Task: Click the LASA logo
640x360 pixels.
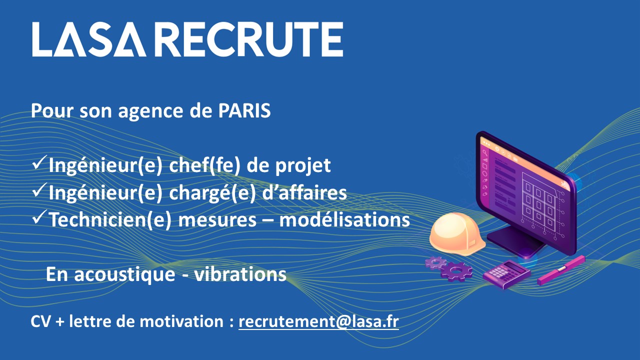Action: point(89,39)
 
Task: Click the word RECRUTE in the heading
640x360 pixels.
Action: point(250,39)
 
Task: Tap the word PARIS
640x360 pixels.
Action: point(244,110)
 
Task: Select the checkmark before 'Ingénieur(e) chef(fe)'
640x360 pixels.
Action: point(39,162)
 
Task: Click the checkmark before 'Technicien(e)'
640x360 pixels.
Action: point(39,217)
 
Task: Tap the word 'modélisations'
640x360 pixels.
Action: point(344,219)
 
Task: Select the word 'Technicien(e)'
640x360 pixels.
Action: point(110,220)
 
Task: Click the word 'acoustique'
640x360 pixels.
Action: point(125,275)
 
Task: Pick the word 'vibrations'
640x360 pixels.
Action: point(240,274)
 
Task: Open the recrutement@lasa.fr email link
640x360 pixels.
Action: point(318,321)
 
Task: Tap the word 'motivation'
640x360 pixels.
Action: point(181,321)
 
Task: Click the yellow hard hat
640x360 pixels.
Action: point(457,234)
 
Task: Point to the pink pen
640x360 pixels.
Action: point(561,270)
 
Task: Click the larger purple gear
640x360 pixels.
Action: point(456,271)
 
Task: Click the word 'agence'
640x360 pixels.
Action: point(151,111)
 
